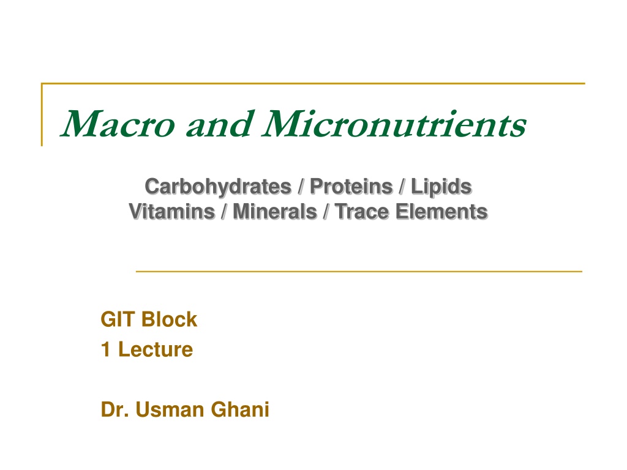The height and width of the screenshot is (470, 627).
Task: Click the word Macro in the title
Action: pos(118,124)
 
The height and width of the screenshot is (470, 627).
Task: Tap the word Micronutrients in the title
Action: pos(394,124)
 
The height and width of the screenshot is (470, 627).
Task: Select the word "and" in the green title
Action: pos(220,124)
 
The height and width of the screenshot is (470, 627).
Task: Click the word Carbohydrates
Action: pos(219,187)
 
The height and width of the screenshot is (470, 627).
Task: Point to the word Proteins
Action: pos(351,187)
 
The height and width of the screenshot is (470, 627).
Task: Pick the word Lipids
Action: pos(441,187)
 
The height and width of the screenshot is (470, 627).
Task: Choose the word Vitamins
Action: pos(172,211)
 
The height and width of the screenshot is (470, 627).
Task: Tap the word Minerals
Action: pos(275,211)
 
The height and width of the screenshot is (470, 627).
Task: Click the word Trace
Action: pos(361,211)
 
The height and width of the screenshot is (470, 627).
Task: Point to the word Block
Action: pos(169,319)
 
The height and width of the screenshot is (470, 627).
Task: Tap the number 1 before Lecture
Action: pos(105,349)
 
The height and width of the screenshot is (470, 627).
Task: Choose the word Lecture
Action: pos(156,349)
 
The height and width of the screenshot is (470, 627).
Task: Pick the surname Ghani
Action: pos(240,409)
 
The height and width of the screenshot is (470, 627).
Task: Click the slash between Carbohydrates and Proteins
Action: pos(301,187)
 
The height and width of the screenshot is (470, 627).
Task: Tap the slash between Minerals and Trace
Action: pos(326,211)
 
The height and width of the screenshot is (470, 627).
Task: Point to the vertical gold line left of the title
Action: pos(42,114)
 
